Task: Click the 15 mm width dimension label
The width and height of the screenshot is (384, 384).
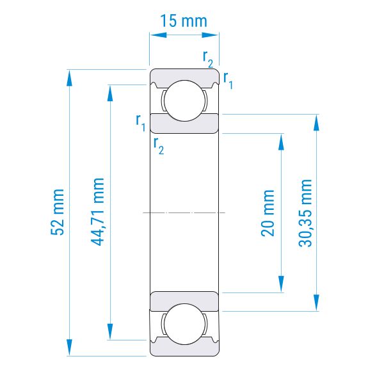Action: pos(184,21)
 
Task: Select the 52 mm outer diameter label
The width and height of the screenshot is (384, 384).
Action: pos(58,212)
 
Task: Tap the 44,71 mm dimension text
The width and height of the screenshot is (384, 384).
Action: pos(97,212)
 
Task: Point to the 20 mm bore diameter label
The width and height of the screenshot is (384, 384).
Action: pos(268,213)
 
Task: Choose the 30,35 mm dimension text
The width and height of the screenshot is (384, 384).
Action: pos(305,213)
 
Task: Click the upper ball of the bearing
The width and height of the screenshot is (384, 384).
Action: pos(184,100)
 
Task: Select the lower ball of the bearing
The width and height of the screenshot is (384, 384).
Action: pos(184,324)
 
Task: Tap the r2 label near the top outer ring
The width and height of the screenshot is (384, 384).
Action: pos(208,60)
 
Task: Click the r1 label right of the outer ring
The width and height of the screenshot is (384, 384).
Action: pos(228,81)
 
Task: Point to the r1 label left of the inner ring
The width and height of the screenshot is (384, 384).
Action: pos(141,123)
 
